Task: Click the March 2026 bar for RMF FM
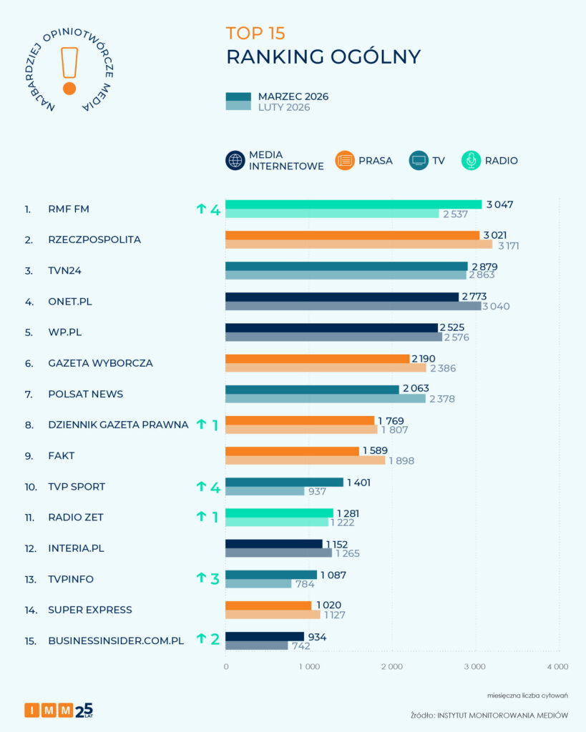coord(353,204)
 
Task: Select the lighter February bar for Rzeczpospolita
coord(358,244)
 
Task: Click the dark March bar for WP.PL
coord(331,327)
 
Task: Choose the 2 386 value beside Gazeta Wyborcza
coord(441,368)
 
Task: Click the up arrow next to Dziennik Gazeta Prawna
coord(201,425)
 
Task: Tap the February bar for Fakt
coord(305,460)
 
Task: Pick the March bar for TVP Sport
coord(284,482)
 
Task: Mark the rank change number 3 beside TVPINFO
coord(214,578)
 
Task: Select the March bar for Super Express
coord(268,605)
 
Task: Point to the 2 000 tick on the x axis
coord(391,666)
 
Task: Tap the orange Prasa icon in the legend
coord(345,161)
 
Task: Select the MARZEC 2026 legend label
coord(293,97)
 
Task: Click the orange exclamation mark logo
coord(69,70)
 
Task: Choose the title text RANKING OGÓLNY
coord(323,57)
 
